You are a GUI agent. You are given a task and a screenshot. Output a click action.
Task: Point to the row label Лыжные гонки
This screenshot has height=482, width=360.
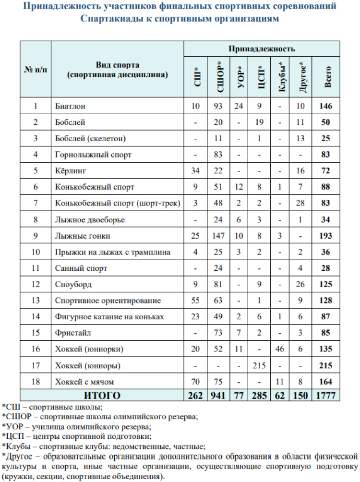tap(76, 236)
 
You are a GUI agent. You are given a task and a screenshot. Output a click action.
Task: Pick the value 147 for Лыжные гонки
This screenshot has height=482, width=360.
tap(218, 236)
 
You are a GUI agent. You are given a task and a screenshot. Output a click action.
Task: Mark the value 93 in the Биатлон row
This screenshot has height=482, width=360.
tap(218, 106)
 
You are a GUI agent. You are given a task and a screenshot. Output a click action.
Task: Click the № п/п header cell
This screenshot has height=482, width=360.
tap(35, 70)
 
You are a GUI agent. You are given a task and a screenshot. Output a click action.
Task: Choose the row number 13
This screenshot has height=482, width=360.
tap(35, 301)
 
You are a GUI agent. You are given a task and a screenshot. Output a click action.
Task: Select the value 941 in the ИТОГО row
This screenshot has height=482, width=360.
tap(218, 396)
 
